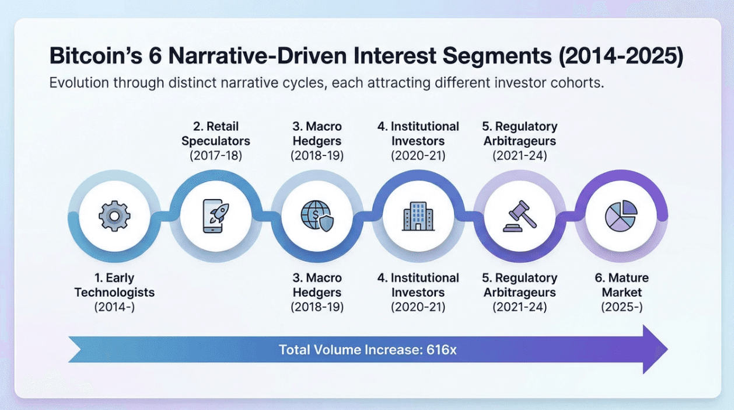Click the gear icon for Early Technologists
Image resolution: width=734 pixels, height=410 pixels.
click(x=114, y=216)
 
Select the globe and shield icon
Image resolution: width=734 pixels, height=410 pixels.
click(x=317, y=216)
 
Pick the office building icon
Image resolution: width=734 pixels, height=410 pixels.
click(x=418, y=216)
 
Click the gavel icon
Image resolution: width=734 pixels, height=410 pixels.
click(x=520, y=216)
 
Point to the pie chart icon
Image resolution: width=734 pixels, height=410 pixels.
click(x=621, y=216)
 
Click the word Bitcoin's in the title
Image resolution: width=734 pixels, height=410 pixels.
click(x=96, y=55)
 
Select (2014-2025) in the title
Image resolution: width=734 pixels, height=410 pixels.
click(x=621, y=56)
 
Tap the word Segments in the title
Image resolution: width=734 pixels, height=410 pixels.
click(x=497, y=55)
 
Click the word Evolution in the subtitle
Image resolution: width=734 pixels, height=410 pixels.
click(x=79, y=82)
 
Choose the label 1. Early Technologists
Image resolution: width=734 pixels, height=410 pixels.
click(x=114, y=285)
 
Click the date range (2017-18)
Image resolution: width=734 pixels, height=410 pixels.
click(x=216, y=155)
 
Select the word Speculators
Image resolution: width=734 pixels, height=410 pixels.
click(x=216, y=141)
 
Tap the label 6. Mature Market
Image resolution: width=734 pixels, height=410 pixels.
click(x=621, y=285)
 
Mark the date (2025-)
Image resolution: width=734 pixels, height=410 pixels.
click(x=621, y=307)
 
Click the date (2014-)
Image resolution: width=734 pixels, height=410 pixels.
click(x=114, y=307)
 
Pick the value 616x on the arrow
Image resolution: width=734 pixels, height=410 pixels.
click(x=441, y=350)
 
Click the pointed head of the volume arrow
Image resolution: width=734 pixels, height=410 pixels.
click(x=667, y=349)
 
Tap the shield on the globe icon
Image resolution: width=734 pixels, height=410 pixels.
click(x=326, y=223)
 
